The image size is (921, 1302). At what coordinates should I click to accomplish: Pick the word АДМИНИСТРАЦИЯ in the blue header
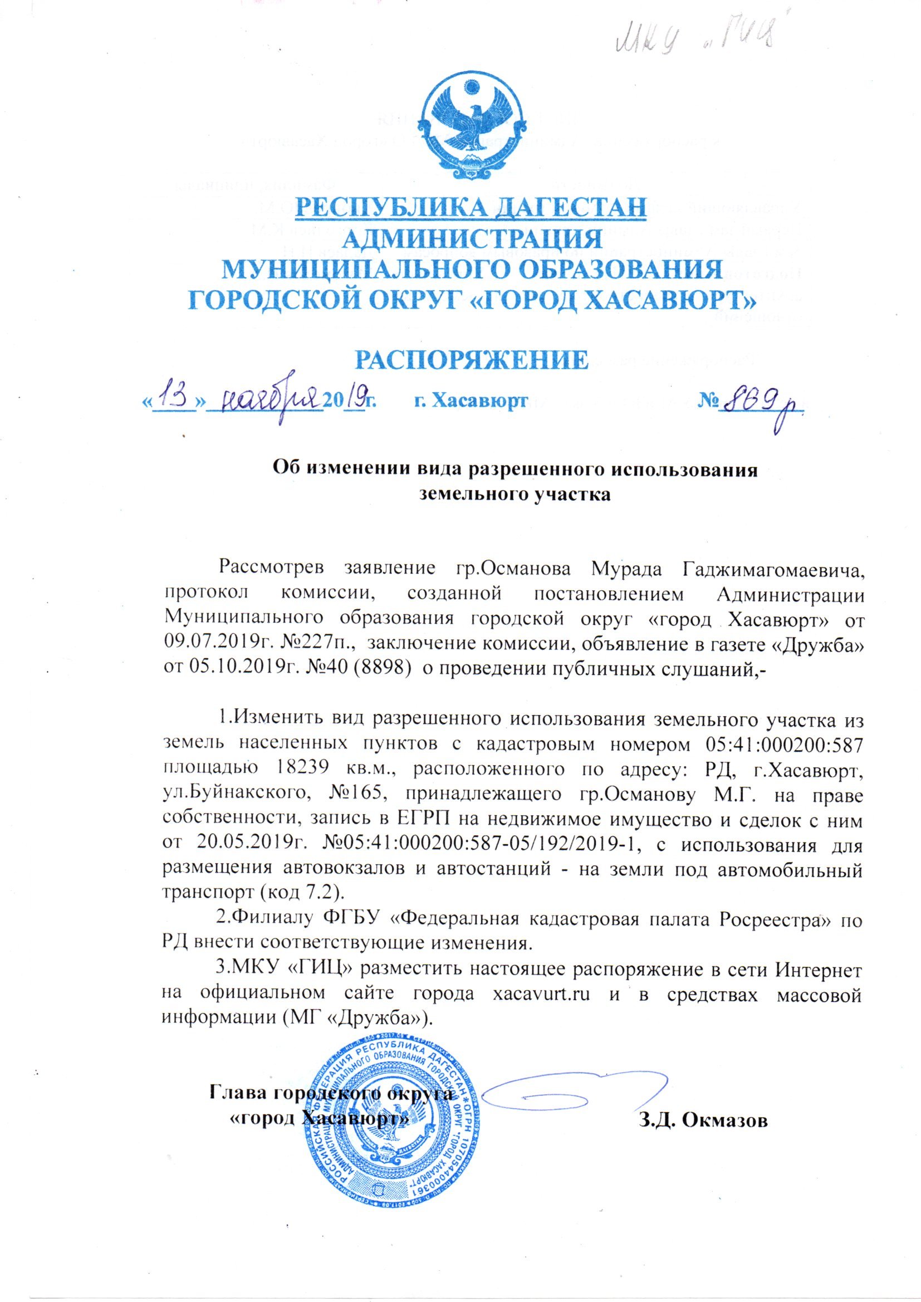click(472, 239)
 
